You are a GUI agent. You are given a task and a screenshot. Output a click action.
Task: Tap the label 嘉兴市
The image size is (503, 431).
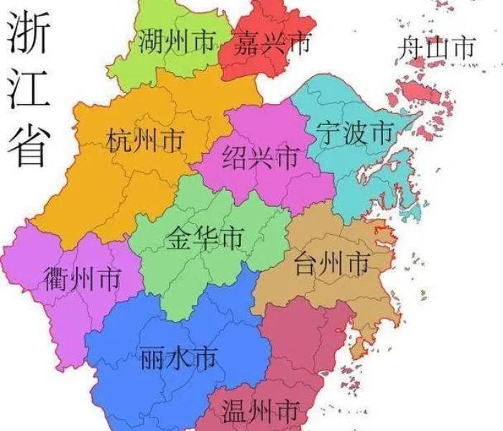click(x=272, y=45)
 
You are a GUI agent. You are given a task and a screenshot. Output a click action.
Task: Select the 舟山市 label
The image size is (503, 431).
click(x=437, y=48)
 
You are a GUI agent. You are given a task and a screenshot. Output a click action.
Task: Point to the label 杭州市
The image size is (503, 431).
click(x=144, y=140)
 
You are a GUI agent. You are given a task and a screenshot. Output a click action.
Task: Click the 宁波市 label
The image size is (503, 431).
click(x=355, y=133)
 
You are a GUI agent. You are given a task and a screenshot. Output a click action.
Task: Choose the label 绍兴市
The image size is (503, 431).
click(x=260, y=157)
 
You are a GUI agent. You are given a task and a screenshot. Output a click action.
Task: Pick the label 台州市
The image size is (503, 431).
click(x=332, y=264)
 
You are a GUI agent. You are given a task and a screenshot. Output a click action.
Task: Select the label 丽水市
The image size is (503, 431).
click(x=177, y=356)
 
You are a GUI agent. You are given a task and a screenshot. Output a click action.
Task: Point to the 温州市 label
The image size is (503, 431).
click(x=260, y=412)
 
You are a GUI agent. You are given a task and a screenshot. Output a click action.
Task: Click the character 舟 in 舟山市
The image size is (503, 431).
click(x=411, y=48)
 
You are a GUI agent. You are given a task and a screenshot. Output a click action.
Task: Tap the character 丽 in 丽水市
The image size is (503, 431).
click(x=152, y=356)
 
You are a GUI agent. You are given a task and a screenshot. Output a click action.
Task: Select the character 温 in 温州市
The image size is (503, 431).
click(x=235, y=412)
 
